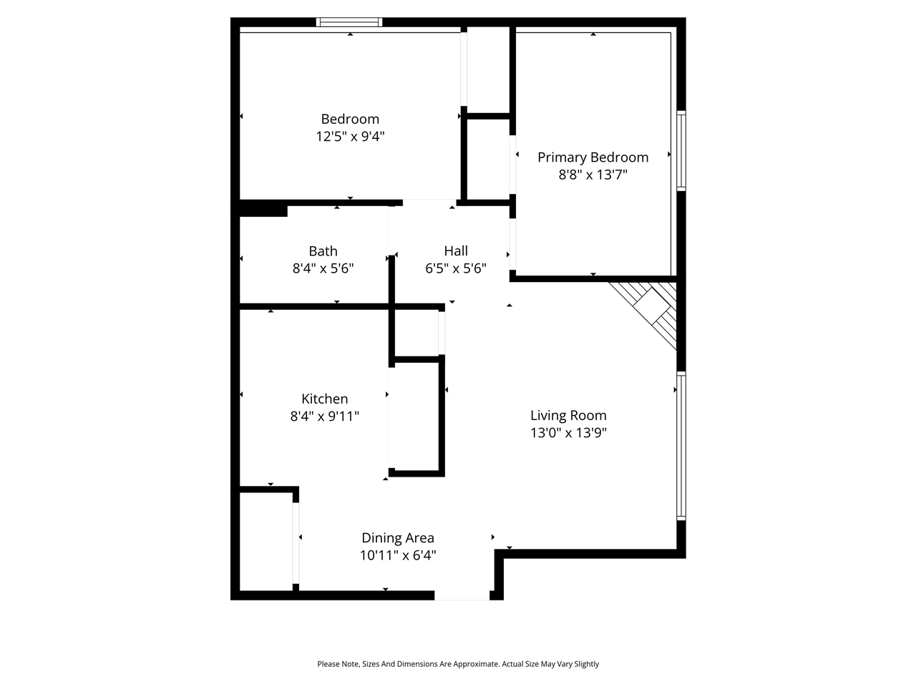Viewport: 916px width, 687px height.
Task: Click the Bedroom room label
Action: click(x=350, y=119)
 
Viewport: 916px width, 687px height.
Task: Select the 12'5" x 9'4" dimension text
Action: click(x=350, y=136)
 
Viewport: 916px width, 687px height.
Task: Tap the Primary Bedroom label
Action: click(x=593, y=157)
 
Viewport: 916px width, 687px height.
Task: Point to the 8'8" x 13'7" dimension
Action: click(x=593, y=175)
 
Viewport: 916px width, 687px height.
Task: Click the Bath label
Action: click(x=323, y=251)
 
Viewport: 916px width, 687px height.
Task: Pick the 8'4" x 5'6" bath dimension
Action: click(x=323, y=268)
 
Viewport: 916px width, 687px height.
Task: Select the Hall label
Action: click(x=456, y=251)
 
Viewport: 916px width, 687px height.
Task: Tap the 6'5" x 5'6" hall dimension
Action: click(x=456, y=268)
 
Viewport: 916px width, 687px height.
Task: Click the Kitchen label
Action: click(x=324, y=399)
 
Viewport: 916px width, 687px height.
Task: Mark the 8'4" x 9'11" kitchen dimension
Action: click(x=324, y=416)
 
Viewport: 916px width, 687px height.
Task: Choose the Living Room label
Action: click(x=568, y=415)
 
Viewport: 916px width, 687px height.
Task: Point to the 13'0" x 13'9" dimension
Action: click(x=568, y=432)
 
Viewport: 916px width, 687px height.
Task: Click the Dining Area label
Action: click(x=397, y=538)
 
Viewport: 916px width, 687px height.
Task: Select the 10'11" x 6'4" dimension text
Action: click(x=397, y=555)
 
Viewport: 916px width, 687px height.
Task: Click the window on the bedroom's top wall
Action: click(x=349, y=22)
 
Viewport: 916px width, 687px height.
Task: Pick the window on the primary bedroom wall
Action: click(x=681, y=150)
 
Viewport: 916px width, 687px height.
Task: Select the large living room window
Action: click(x=681, y=445)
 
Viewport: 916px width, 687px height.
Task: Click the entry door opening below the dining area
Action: click(x=462, y=595)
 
